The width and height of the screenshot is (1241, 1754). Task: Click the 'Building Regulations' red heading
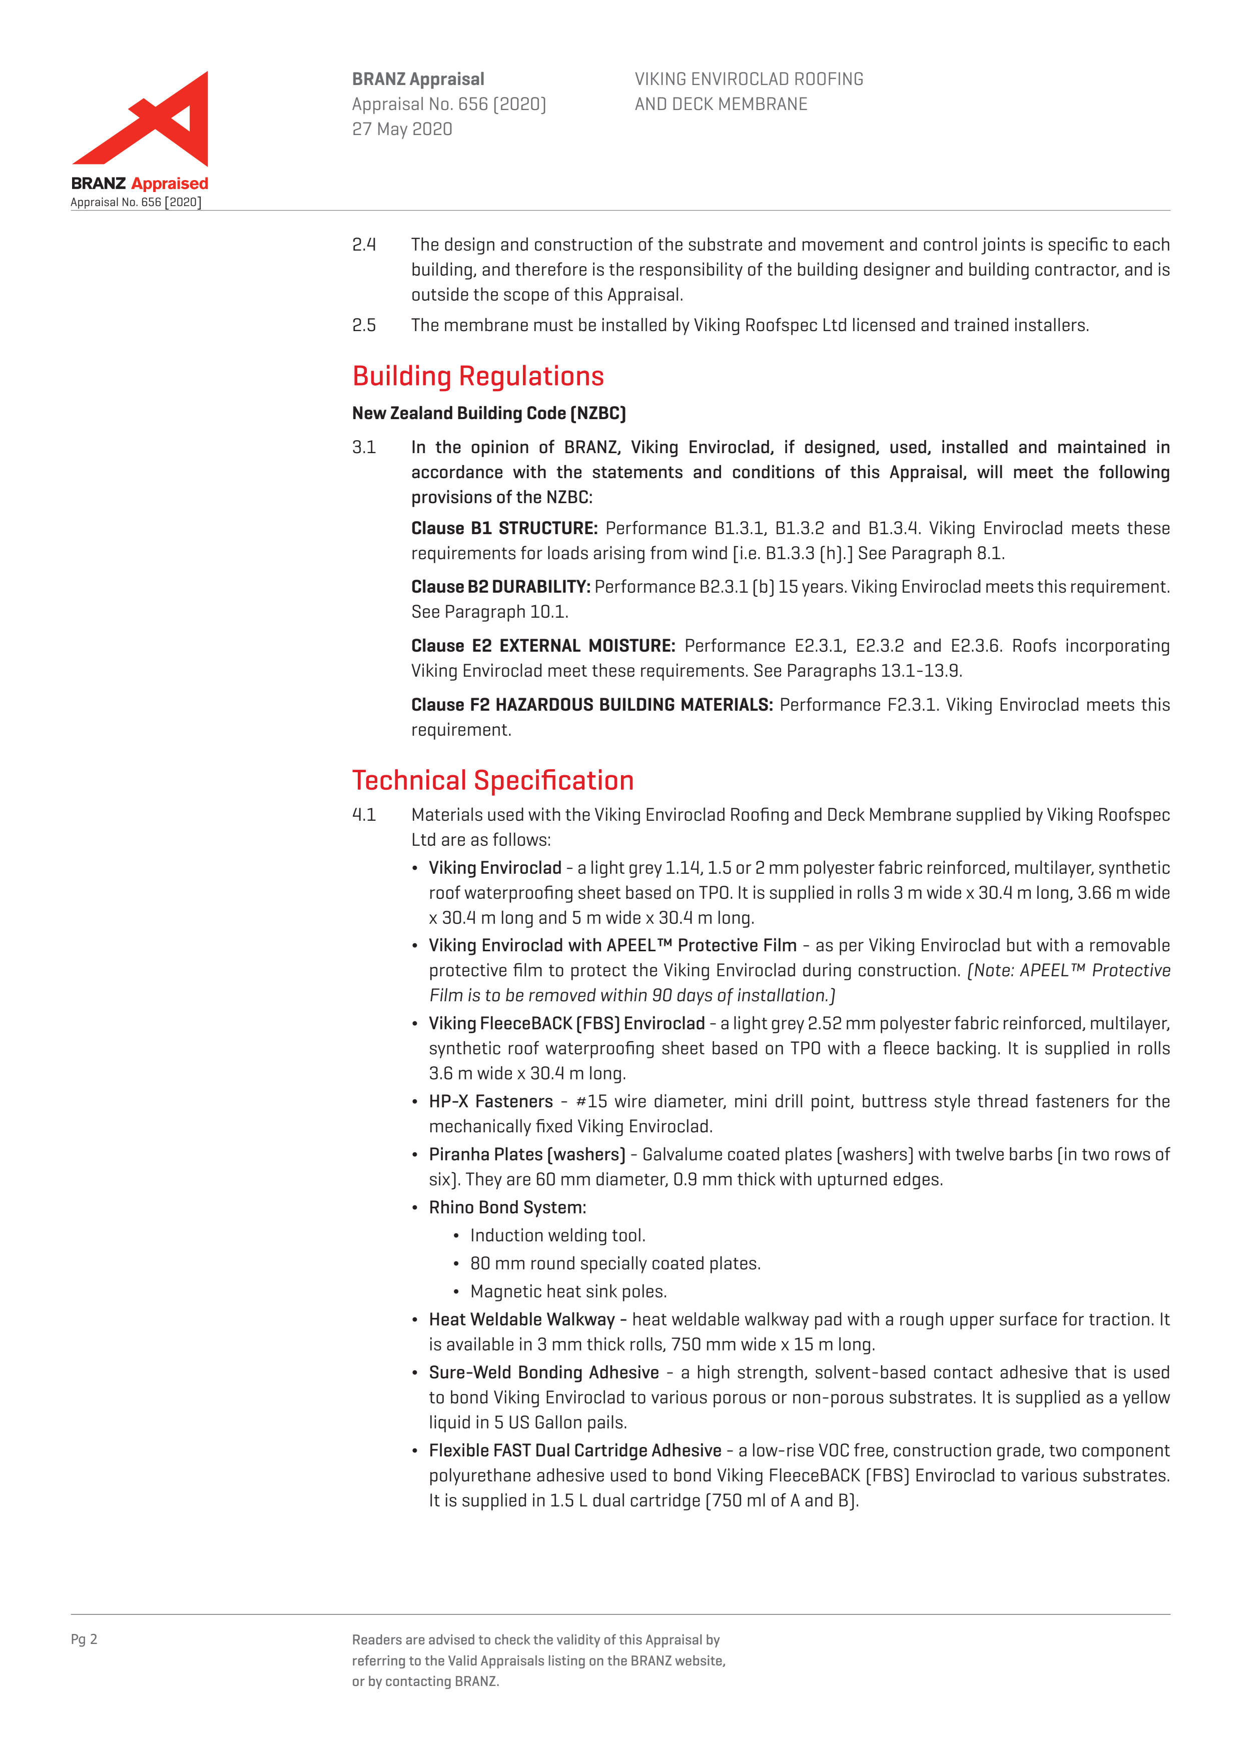477,376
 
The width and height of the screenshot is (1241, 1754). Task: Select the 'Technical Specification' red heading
493,780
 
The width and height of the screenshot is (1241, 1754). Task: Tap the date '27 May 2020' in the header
402,129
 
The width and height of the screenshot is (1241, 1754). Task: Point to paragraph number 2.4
364,245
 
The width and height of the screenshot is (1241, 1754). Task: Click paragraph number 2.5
364,326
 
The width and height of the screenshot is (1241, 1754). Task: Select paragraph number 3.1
364,448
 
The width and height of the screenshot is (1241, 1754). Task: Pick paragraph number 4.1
364,815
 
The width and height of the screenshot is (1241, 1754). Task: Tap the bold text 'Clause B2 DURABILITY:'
500,587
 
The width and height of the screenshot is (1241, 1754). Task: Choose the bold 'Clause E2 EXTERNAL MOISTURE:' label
542,646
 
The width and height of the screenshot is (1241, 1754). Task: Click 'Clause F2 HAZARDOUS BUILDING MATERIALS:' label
591,705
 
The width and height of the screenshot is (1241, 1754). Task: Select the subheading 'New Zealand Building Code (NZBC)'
489,413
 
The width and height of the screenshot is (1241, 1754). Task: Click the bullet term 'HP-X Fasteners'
490,1102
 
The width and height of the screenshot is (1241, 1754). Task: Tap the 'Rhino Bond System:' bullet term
507,1208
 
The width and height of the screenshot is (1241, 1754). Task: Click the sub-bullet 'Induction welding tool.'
558,1235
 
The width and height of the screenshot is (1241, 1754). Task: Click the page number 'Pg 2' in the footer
84,1639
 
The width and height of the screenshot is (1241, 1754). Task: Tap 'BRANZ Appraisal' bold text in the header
418,80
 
